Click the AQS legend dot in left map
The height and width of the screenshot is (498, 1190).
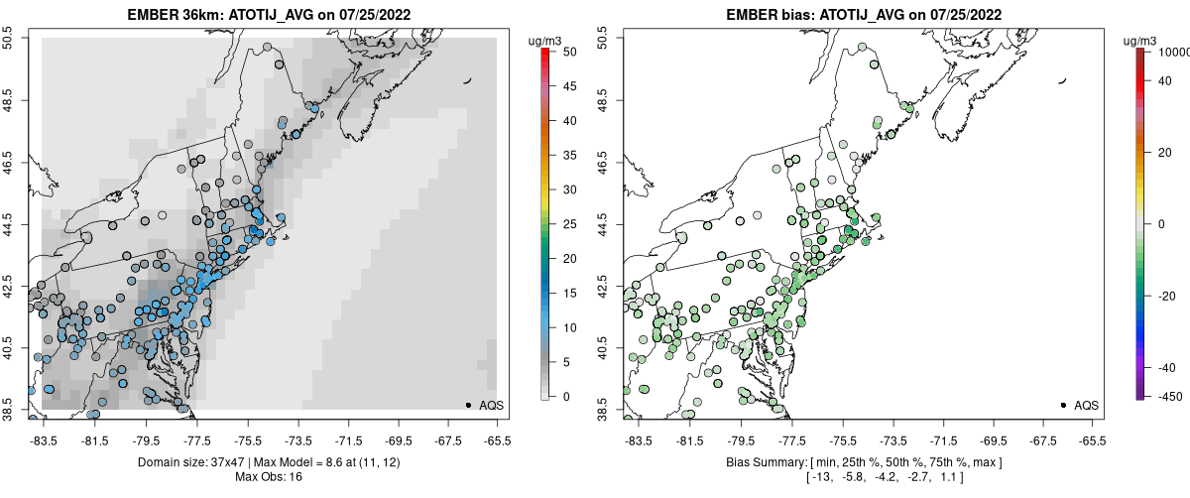click(x=468, y=405)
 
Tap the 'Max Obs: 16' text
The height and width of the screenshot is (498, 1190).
click(x=268, y=477)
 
